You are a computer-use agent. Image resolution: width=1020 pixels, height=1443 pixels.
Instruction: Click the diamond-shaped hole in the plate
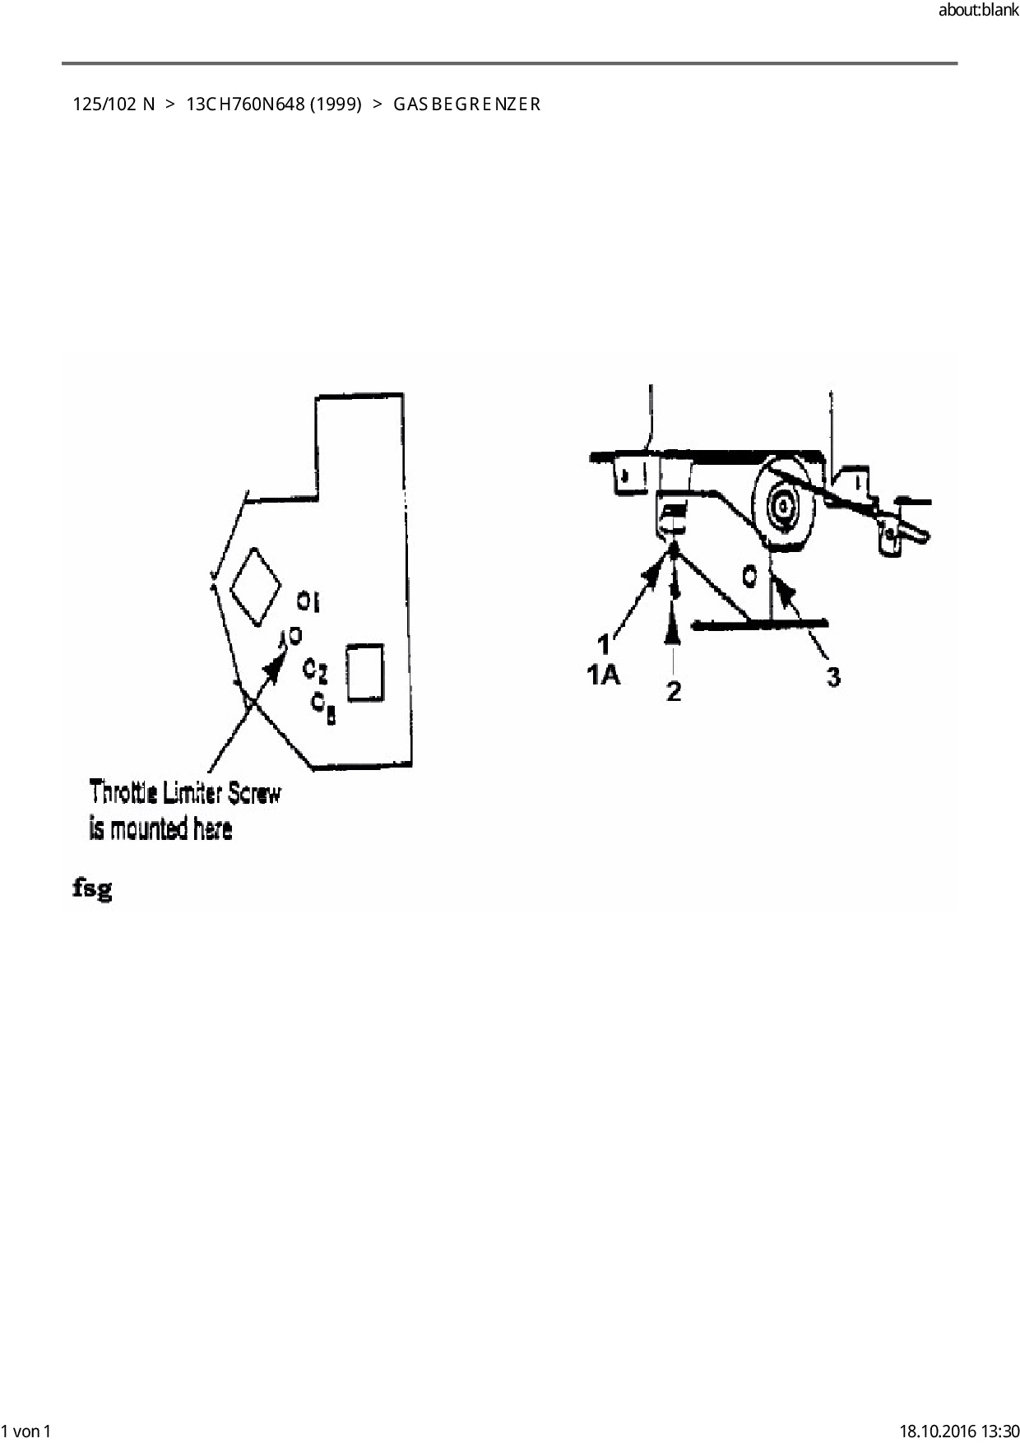coord(254,585)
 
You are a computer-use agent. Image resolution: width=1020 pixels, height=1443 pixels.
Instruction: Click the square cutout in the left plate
coord(364,673)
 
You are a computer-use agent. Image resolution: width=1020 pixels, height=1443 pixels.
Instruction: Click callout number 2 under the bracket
coord(674,691)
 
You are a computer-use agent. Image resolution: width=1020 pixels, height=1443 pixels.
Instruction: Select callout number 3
coord(833,677)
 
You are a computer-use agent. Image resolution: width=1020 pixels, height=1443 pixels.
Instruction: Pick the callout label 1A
coord(603,675)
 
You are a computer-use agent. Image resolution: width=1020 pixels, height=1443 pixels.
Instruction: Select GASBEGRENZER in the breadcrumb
coord(466,104)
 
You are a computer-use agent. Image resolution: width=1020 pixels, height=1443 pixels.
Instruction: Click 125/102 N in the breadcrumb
coord(114,104)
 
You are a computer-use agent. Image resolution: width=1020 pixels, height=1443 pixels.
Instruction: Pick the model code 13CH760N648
coord(245,104)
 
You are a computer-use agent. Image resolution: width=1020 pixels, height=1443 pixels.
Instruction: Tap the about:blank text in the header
coord(978,12)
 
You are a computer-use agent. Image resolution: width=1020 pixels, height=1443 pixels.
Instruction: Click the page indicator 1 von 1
coord(26,1431)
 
